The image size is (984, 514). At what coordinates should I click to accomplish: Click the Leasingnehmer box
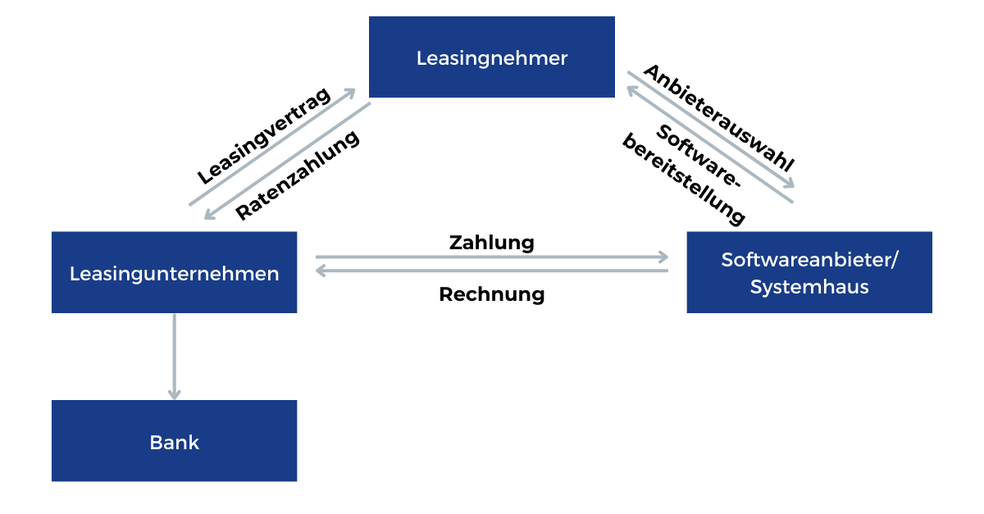click(492, 57)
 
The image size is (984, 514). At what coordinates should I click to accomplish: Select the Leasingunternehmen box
click(174, 272)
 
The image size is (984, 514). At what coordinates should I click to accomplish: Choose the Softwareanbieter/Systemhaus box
click(809, 272)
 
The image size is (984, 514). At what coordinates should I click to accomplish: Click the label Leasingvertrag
click(264, 136)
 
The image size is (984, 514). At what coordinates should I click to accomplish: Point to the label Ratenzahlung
click(298, 175)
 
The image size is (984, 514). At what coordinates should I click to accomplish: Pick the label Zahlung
click(491, 243)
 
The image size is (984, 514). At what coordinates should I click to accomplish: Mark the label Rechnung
click(491, 294)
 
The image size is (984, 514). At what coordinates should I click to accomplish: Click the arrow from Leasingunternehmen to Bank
click(174, 353)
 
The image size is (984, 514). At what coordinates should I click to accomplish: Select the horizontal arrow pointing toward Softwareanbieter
click(492, 257)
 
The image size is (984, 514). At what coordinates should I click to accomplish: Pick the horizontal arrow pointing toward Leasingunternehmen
click(492, 271)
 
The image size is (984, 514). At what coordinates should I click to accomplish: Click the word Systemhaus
click(809, 288)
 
